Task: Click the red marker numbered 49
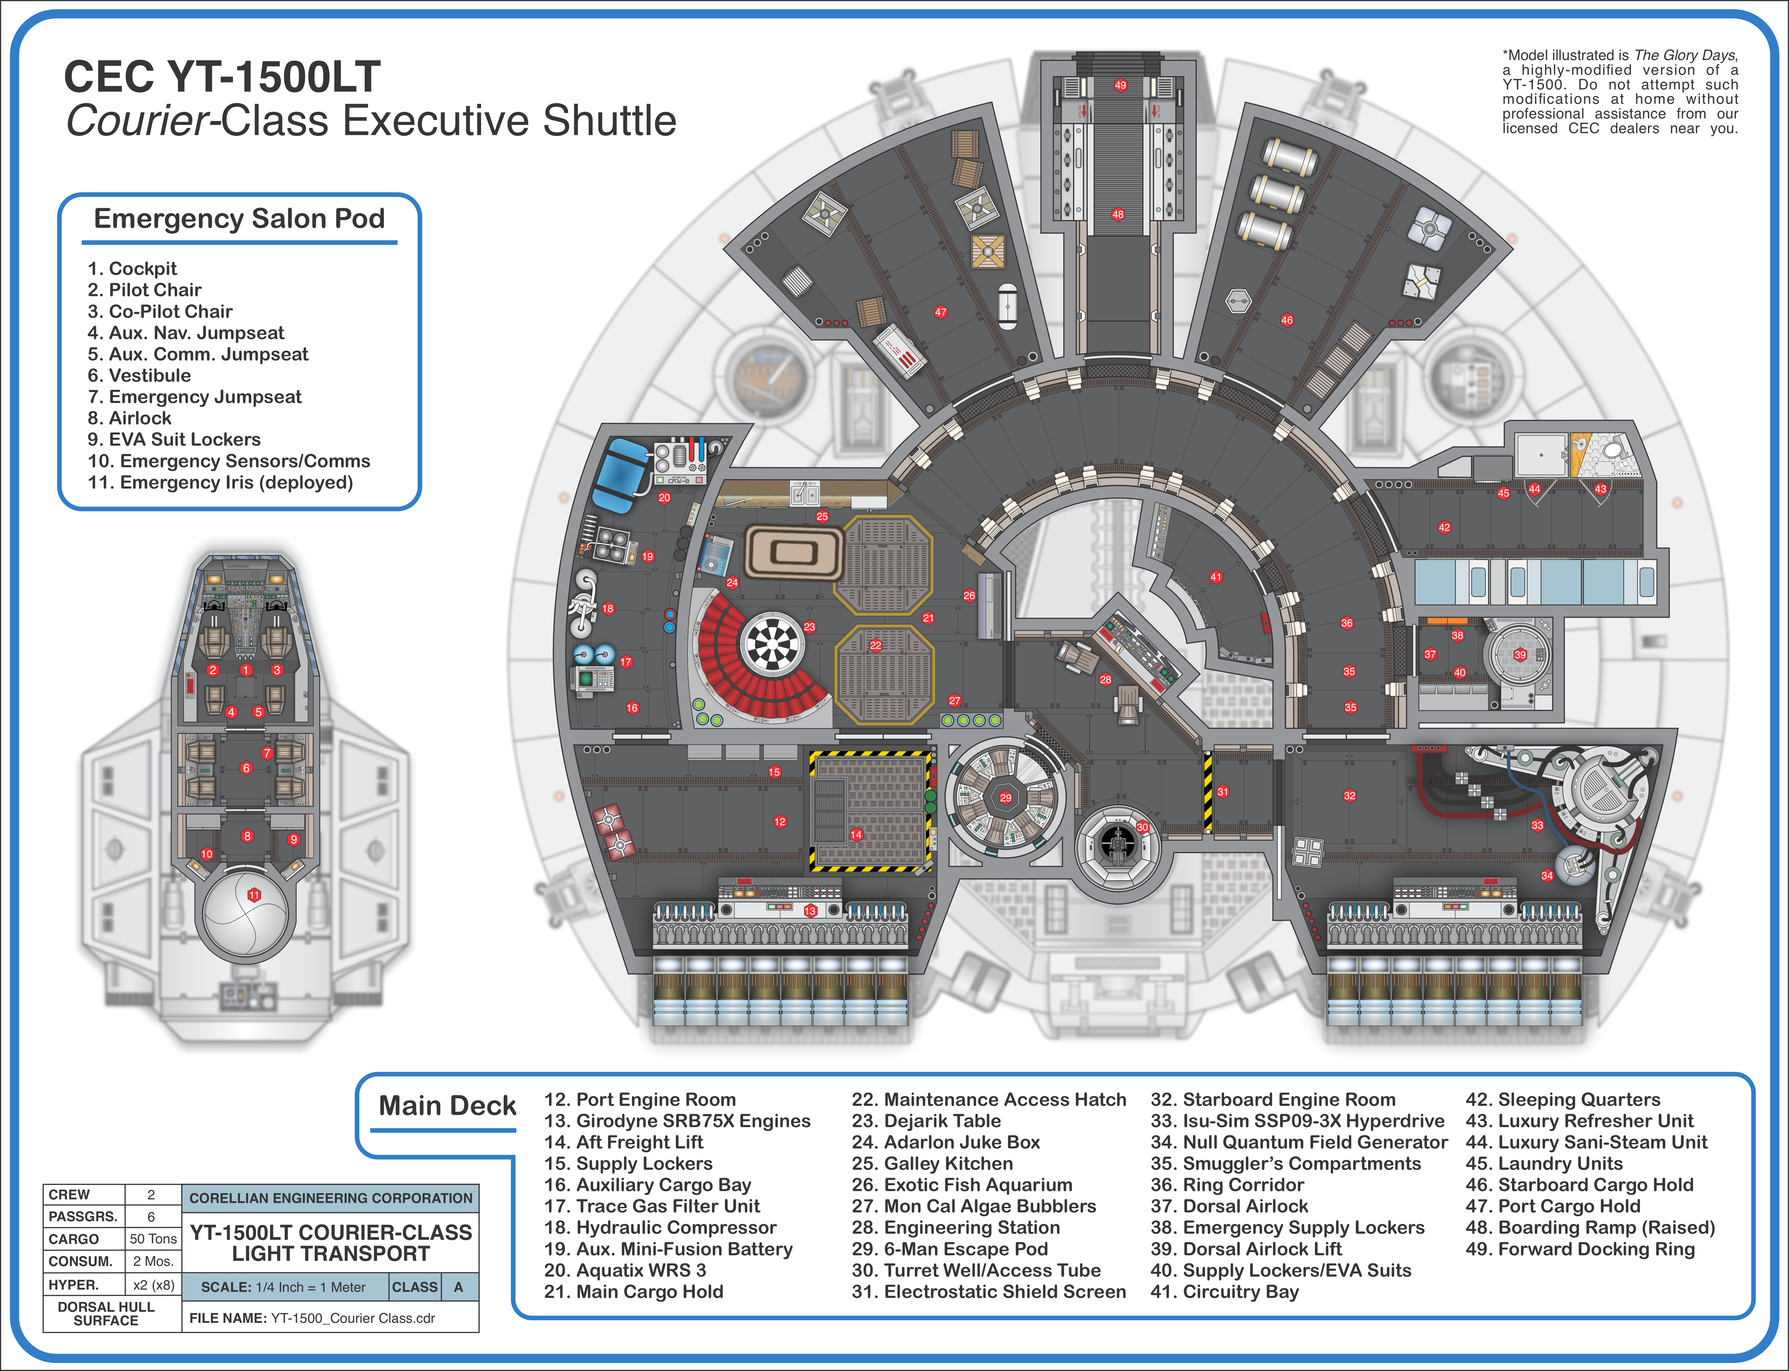tap(1120, 85)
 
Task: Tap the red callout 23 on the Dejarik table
tap(809, 627)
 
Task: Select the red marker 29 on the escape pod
tap(1006, 797)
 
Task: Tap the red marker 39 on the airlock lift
tap(1520, 654)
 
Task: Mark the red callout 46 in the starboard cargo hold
tap(1286, 320)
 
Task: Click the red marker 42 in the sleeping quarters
tap(1444, 527)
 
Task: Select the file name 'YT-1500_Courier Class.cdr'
tap(352, 1318)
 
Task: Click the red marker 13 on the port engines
tap(810, 911)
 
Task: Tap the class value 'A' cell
tap(459, 1287)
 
